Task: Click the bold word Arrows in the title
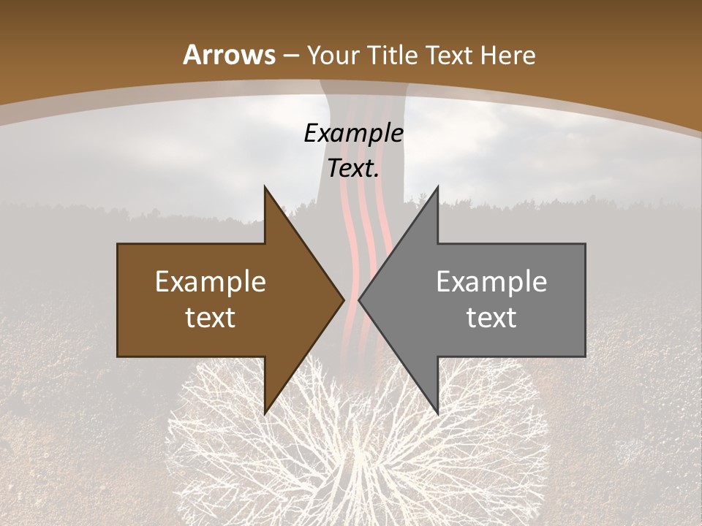pyautogui.click(x=229, y=55)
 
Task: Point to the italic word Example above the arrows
pyautogui.click(x=354, y=133)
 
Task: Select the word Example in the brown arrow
pyautogui.click(x=211, y=281)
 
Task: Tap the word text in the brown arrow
pyautogui.click(x=211, y=318)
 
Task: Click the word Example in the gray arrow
pyautogui.click(x=491, y=281)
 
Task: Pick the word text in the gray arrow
pyautogui.click(x=491, y=318)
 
